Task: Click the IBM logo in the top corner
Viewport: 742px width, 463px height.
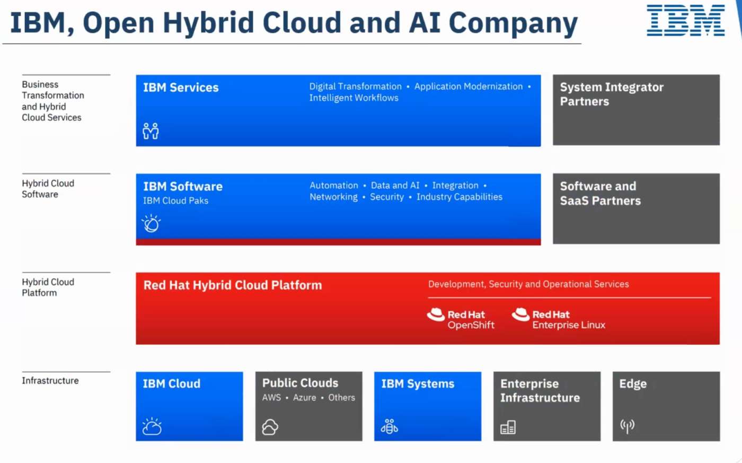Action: pyautogui.click(x=686, y=20)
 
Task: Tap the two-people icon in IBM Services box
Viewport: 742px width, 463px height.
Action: pyautogui.click(x=151, y=131)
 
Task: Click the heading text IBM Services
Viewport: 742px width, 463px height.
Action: pyautogui.click(x=181, y=88)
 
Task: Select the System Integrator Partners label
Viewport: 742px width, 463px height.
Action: pyautogui.click(x=612, y=94)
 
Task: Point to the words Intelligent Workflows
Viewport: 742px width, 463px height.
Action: pyautogui.click(x=354, y=98)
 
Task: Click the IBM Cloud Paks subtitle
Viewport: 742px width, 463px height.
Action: pyautogui.click(x=175, y=200)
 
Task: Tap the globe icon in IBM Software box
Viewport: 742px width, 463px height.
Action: pyautogui.click(x=151, y=223)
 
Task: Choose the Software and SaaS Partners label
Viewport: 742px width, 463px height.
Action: pyautogui.click(x=600, y=193)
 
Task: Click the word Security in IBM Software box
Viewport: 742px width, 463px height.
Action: pyautogui.click(x=387, y=197)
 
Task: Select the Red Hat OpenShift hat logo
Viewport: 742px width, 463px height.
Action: pyautogui.click(x=436, y=315)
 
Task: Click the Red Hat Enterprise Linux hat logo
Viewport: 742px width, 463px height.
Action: pyautogui.click(x=520, y=315)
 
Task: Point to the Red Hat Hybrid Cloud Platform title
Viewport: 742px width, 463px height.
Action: pyautogui.click(x=233, y=285)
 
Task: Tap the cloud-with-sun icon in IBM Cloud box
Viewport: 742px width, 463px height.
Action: pyautogui.click(x=152, y=426)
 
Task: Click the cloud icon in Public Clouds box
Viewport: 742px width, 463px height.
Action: pyautogui.click(x=270, y=427)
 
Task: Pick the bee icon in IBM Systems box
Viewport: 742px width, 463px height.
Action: pyautogui.click(x=390, y=426)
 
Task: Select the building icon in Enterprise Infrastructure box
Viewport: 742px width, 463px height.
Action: pyautogui.click(x=508, y=427)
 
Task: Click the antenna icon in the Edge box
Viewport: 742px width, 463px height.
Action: pyautogui.click(x=628, y=426)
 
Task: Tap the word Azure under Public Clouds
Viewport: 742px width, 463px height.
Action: pyautogui.click(x=304, y=397)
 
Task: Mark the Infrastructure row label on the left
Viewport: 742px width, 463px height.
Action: pyautogui.click(x=50, y=380)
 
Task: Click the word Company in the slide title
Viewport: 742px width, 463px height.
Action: pyautogui.click(x=514, y=23)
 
